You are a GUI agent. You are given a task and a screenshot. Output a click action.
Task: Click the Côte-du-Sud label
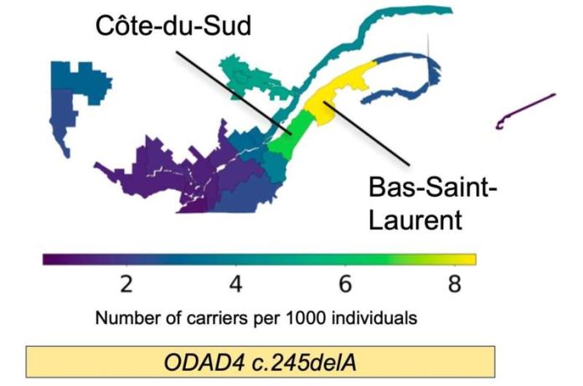coord(173,26)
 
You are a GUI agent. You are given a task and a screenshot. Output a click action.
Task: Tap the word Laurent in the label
coord(415,219)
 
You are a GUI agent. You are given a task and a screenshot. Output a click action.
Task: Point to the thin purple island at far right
coord(524,111)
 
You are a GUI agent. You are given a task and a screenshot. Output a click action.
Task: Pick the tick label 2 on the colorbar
coord(126,284)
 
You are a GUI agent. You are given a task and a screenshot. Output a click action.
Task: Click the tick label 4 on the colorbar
coord(235,284)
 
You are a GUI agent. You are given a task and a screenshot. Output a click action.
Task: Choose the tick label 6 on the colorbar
coord(345,284)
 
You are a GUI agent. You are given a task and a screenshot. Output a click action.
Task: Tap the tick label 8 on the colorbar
coord(454,284)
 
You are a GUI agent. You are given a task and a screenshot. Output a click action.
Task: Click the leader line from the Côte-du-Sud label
coord(234,93)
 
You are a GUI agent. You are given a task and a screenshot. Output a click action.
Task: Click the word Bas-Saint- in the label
coord(433,187)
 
